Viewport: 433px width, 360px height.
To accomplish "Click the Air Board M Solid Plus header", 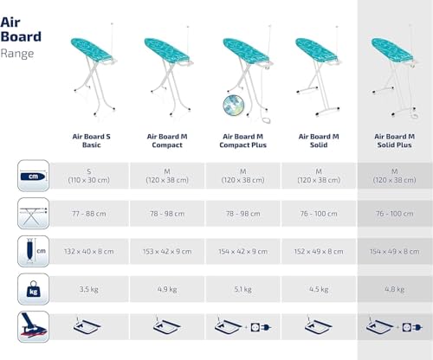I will (x=396, y=140).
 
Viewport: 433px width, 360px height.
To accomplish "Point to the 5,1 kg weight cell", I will (x=246, y=289).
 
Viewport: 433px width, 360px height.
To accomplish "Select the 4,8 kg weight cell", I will (x=396, y=289).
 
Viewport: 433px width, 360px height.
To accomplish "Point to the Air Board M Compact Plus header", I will (x=246, y=140).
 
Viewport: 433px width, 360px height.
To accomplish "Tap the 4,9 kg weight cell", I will (x=170, y=289).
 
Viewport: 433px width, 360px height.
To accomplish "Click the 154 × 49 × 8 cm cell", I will (x=396, y=251).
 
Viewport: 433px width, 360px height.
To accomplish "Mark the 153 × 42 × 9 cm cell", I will (x=170, y=251).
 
